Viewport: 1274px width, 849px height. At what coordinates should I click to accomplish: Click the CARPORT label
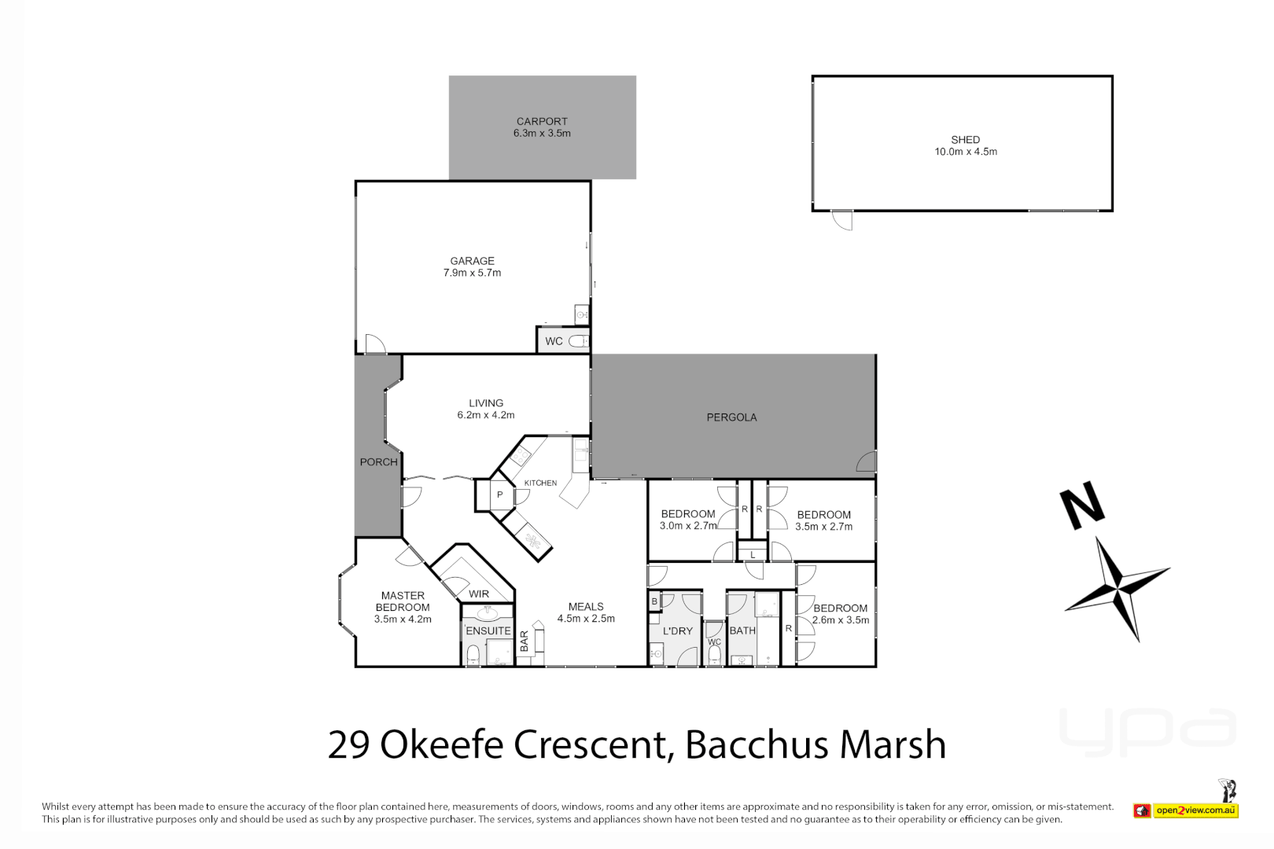click(542, 121)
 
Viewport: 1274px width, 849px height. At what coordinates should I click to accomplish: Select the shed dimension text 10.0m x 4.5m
click(965, 152)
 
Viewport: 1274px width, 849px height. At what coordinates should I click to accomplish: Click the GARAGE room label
click(472, 261)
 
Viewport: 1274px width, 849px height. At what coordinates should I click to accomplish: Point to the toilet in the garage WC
click(579, 341)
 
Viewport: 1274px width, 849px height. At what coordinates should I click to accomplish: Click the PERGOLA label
click(731, 417)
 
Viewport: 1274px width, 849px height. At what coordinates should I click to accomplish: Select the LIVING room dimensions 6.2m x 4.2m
click(486, 415)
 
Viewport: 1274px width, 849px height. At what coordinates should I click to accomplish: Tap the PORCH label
click(378, 462)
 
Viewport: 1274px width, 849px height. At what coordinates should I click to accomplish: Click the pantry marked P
click(499, 495)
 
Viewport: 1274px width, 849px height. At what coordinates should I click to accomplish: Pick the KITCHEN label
click(540, 483)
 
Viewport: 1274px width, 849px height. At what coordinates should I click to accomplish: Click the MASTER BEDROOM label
click(403, 601)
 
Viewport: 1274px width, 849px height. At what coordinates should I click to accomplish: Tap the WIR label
click(479, 594)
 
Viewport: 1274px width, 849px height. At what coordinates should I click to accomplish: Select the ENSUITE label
click(488, 630)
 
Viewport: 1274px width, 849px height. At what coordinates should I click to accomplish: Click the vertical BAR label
click(525, 641)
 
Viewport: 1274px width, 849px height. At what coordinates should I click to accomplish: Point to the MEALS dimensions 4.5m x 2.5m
click(586, 619)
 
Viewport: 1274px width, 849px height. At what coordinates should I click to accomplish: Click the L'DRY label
click(678, 630)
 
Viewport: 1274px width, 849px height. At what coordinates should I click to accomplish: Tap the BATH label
click(742, 630)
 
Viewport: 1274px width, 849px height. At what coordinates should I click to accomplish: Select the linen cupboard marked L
click(753, 555)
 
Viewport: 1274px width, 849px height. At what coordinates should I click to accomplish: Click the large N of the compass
click(1083, 507)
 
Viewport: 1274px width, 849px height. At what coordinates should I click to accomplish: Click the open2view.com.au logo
click(1195, 810)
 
